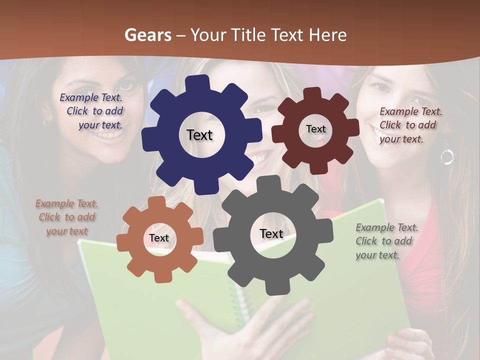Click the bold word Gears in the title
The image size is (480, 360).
point(147,35)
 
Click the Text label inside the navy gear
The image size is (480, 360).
point(199,135)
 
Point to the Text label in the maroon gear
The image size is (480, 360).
point(315,129)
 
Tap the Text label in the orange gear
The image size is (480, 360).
point(159,238)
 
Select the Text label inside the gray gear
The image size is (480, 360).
point(271,234)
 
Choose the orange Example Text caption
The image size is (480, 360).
point(67,217)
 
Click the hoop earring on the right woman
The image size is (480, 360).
point(446,156)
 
